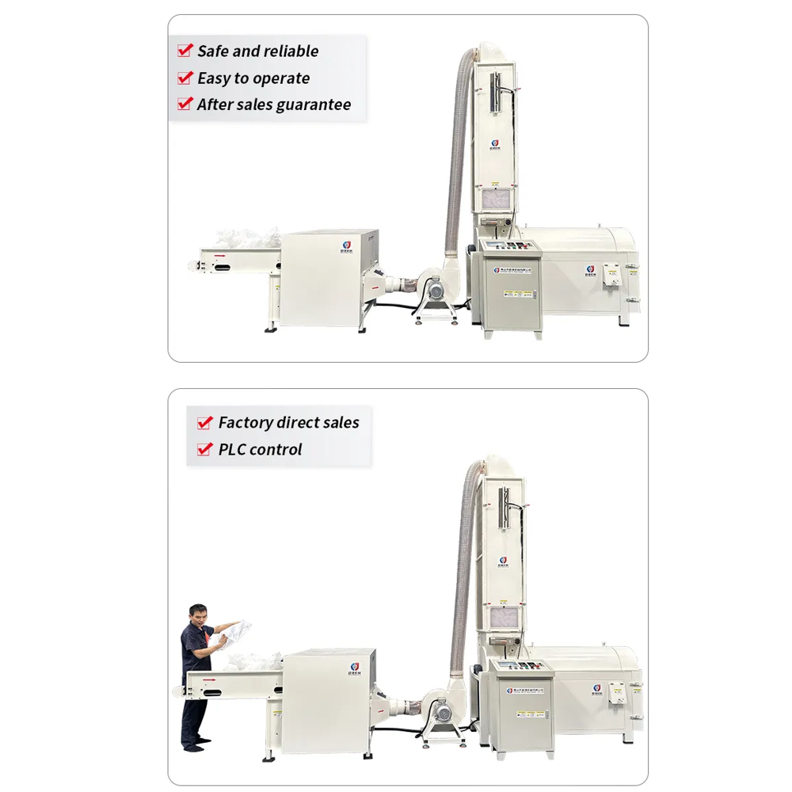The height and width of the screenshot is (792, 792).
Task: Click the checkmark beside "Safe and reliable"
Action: click(x=185, y=51)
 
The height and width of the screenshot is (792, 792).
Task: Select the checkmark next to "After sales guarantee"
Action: click(x=185, y=104)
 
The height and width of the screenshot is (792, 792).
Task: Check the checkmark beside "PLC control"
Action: click(x=204, y=450)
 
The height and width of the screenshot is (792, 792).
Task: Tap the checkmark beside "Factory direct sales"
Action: click(x=204, y=423)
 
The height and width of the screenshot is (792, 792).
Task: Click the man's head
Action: click(x=197, y=613)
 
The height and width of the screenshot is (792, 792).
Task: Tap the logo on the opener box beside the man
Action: click(x=351, y=665)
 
